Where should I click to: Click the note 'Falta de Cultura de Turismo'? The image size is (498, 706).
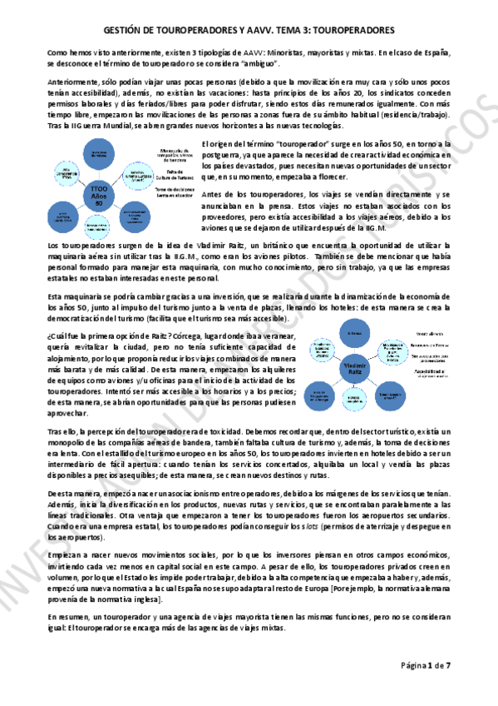(x=176, y=173)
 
